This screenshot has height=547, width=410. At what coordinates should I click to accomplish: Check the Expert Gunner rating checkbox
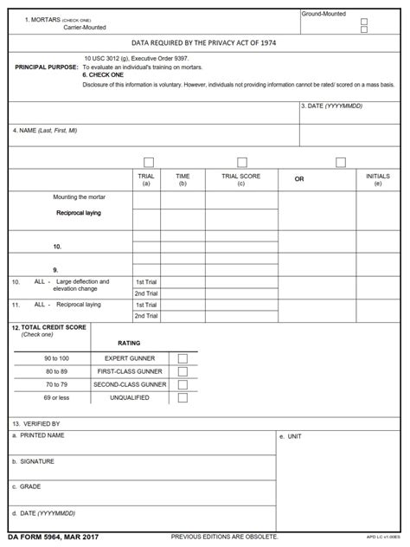pyautogui.click(x=183, y=357)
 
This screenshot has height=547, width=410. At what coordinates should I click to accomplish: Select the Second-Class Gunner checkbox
pyautogui.click(x=183, y=384)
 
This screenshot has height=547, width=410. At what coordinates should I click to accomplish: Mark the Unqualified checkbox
pyautogui.click(x=183, y=398)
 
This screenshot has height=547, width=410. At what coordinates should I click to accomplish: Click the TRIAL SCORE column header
pyautogui.click(x=240, y=179)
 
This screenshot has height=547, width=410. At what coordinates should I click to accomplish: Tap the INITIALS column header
pyautogui.click(x=377, y=179)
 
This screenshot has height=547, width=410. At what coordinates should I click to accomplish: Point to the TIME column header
pyautogui.click(x=183, y=179)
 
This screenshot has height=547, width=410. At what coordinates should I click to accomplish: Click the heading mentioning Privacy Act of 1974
pyautogui.click(x=204, y=42)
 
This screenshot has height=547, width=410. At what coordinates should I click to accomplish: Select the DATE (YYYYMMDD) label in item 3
pyautogui.click(x=332, y=106)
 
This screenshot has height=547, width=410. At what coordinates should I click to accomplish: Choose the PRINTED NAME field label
pyautogui.click(x=39, y=435)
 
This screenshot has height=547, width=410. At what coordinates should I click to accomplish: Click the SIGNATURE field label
pyautogui.click(x=34, y=461)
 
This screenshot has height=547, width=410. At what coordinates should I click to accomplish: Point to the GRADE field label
pyautogui.click(x=27, y=487)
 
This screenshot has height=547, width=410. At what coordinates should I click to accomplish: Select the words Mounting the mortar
pyautogui.click(x=79, y=196)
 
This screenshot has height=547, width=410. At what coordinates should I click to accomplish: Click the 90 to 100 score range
pyautogui.click(x=57, y=357)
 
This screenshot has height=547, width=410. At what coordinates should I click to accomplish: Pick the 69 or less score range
pyautogui.click(x=57, y=398)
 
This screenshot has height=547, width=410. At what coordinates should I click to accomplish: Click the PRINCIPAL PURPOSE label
pyautogui.click(x=46, y=67)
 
